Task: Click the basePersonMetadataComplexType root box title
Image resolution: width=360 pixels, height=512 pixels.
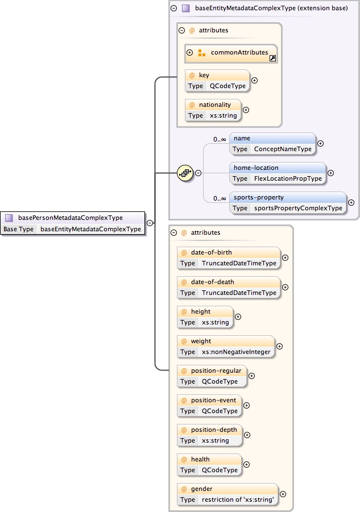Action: point(71,217)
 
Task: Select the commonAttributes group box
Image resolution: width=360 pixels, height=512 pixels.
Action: point(231,53)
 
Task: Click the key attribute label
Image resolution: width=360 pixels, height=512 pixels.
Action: point(204,75)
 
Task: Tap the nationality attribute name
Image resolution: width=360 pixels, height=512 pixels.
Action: point(214,105)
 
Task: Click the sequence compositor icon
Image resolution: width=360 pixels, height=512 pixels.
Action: point(185,173)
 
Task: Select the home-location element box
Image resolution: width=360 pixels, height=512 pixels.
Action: point(278,173)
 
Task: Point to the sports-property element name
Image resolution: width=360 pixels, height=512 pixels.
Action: point(259,197)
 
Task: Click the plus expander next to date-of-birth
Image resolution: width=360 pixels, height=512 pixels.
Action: point(285,257)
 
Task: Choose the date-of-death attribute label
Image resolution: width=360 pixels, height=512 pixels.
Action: point(212,282)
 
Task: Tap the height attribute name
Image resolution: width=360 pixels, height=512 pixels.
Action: point(201,311)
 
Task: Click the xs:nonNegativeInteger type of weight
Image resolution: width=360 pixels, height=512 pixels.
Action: point(236,352)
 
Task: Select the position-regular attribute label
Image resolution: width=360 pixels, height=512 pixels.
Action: point(216,371)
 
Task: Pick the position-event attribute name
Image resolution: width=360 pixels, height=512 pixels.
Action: point(213,400)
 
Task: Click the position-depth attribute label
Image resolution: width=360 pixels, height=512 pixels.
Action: point(214,430)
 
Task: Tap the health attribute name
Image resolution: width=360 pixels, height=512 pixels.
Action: point(200,459)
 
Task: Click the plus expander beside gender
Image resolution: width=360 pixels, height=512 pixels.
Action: point(283,494)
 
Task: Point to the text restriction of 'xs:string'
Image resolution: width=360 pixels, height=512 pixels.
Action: point(238,499)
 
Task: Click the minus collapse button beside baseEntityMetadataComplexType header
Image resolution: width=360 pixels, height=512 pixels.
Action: point(174,9)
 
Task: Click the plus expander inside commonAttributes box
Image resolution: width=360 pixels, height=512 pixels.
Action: point(190,53)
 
